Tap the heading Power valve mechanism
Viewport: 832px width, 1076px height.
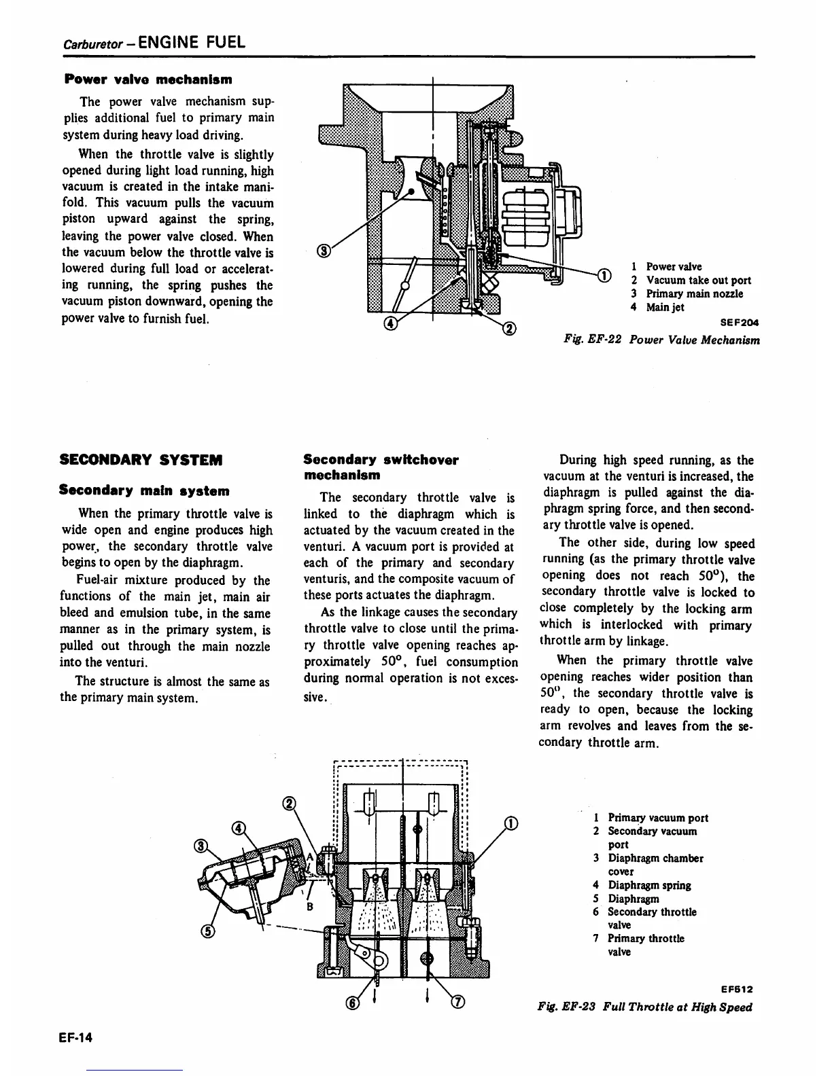(x=148, y=79)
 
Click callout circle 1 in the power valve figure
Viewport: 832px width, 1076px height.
(x=603, y=274)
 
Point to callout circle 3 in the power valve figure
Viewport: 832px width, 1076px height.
(x=325, y=252)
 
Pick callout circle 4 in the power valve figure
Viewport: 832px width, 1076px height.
(x=390, y=325)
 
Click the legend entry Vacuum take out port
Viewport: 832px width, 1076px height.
(x=698, y=280)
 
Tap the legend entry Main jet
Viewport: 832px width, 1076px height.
(x=664, y=307)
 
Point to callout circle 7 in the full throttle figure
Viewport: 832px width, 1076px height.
(x=457, y=1003)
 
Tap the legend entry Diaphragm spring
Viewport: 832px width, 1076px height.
(x=648, y=885)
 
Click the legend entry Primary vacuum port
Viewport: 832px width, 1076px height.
(x=657, y=818)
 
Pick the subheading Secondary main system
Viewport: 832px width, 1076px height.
(x=144, y=490)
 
